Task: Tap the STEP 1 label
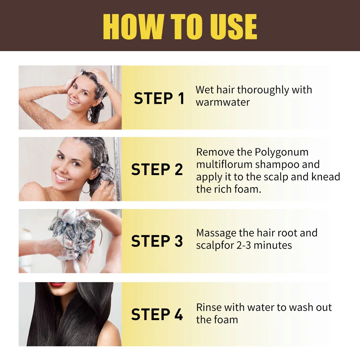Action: [159, 99]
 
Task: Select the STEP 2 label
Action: [157, 170]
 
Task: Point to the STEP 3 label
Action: [157, 241]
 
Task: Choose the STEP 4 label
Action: [157, 314]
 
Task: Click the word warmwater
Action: [222, 102]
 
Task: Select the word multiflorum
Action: [224, 165]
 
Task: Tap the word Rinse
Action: [209, 307]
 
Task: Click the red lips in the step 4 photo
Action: [57, 284]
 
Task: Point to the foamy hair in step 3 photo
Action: [74, 230]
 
